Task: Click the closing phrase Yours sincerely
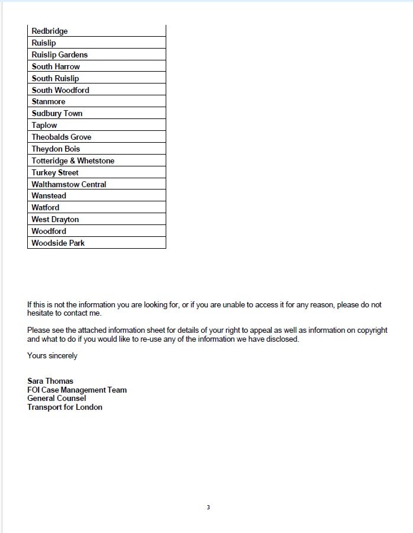pos(52,356)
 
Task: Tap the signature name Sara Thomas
pos(50,381)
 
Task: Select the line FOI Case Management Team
pos(77,390)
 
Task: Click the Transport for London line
pos(64,407)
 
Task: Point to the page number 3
pos(208,508)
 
